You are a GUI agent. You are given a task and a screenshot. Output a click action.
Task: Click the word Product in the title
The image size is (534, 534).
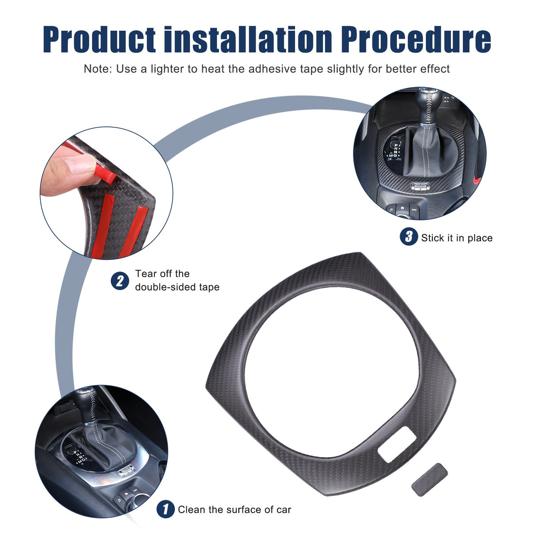(99, 39)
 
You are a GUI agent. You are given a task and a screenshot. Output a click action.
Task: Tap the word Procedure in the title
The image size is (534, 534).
(416, 39)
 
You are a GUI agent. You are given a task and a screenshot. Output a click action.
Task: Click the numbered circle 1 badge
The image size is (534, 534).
(166, 509)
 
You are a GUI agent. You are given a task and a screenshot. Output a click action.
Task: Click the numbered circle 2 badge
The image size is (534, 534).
(120, 281)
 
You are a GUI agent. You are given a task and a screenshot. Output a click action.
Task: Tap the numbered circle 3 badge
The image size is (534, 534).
(409, 236)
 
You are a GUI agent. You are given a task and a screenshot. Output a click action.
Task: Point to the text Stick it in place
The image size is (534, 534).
(457, 238)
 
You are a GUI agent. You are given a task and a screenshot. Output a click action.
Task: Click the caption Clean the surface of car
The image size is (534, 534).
(235, 510)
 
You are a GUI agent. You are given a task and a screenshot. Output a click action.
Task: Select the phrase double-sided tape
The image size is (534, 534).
(177, 287)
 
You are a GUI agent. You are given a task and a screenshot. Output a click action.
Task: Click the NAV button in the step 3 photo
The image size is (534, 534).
(414, 210)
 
